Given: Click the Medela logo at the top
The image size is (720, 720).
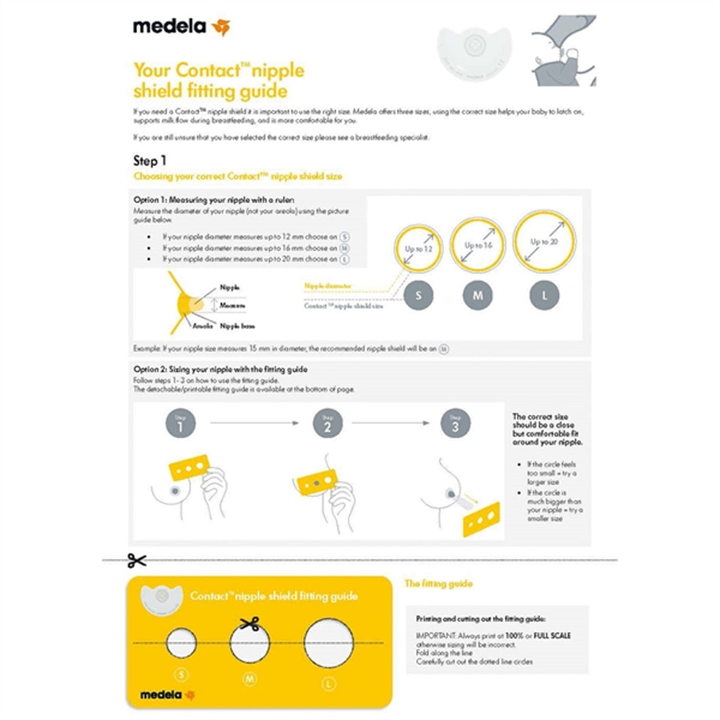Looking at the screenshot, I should coord(180,27).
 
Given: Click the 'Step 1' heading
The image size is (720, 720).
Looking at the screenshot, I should coord(150,161).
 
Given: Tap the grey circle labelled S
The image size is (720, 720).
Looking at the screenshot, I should coord(419,295).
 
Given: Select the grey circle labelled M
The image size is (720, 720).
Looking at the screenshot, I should coord(478,295).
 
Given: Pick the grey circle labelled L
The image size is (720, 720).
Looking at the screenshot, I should coord(544,295).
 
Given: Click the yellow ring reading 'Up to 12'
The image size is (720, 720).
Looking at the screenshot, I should coord(419,249).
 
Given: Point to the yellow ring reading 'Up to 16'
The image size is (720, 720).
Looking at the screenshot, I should coord(478,245).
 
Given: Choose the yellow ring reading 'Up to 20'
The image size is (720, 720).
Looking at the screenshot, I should coord(544,241).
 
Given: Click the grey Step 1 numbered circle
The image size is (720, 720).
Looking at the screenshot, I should coord(180,424).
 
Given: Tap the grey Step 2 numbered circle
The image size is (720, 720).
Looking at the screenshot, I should coord(327,424).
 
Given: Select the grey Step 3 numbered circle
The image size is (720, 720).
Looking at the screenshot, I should coord(455,424).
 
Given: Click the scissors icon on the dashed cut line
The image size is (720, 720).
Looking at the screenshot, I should coord(136,560).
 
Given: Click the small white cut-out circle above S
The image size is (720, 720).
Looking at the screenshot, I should coord(181,643).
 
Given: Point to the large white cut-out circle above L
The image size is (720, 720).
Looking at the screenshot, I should coord(329,643).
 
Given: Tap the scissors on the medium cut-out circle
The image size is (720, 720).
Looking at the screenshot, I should coord(250,623).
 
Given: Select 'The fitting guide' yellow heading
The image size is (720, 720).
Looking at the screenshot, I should coord(438,584).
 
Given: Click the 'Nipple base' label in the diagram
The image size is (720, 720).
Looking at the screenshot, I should coord(237,326).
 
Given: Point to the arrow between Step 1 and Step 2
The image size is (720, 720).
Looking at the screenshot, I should coord(254,423).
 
